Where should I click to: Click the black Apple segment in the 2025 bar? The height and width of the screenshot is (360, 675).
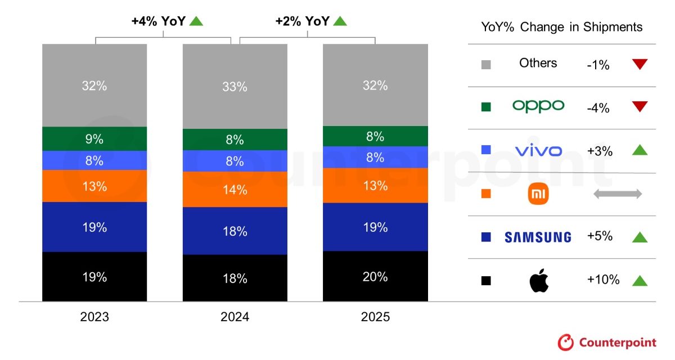[x=375, y=276]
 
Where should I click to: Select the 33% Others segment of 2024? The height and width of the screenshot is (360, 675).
[x=235, y=87]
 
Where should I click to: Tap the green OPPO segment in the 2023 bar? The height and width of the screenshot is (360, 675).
[x=94, y=138]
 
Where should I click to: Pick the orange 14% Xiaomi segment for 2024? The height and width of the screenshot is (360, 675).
[x=235, y=190]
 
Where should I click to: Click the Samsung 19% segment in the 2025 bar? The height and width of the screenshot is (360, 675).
[x=375, y=227]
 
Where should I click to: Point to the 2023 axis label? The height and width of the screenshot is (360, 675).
[x=94, y=317]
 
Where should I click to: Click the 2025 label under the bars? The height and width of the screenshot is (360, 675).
[x=375, y=317]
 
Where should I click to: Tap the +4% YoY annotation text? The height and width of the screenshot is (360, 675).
[x=159, y=21]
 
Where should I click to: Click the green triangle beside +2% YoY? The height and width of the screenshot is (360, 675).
[x=340, y=21]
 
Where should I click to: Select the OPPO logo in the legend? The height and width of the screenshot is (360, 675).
[x=538, y=106]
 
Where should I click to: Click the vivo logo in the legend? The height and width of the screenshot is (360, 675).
[x=538, y=151]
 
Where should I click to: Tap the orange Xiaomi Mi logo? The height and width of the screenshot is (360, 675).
[x=538, y=194]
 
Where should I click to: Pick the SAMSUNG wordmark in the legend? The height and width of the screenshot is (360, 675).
[x=538, y=237]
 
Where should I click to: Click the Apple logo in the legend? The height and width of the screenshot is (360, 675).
[x=538, y=280]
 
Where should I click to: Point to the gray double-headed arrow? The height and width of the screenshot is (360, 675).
[x=617, y=194]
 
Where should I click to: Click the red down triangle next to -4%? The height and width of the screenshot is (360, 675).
[x=640, y=107]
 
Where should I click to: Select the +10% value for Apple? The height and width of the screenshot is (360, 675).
[x=603, y=280]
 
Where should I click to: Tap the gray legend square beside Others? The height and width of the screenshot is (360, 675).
[x=487, y=65]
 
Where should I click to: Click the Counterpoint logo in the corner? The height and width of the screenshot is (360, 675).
[x=607, y=342]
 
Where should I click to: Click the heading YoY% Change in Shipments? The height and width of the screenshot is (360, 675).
[x=561, y=27]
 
